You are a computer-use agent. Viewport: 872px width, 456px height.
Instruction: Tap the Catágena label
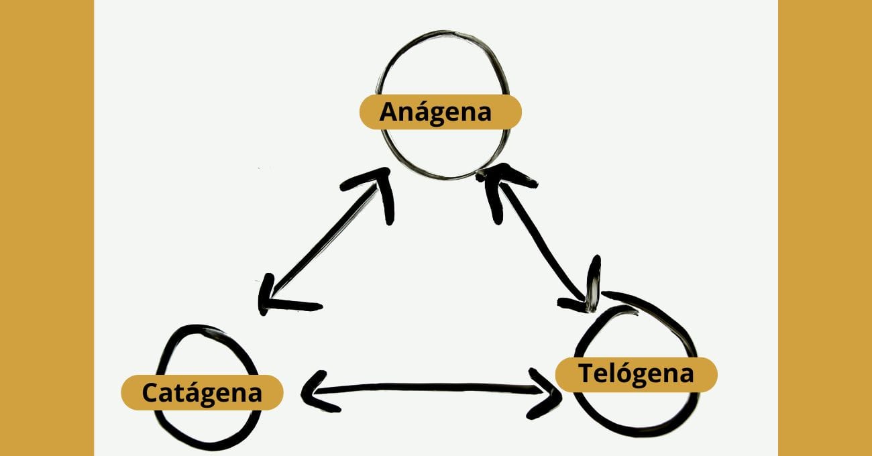(x=202, y=392)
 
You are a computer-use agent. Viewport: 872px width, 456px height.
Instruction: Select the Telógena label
(x=636, y=374)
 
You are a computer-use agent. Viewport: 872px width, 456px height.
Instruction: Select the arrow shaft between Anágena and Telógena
(x=537, y=235)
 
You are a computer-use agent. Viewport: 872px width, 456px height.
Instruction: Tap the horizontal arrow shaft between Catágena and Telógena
(x=429, y=388)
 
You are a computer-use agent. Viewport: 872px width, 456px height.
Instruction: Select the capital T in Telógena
(x=586, y=374)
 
